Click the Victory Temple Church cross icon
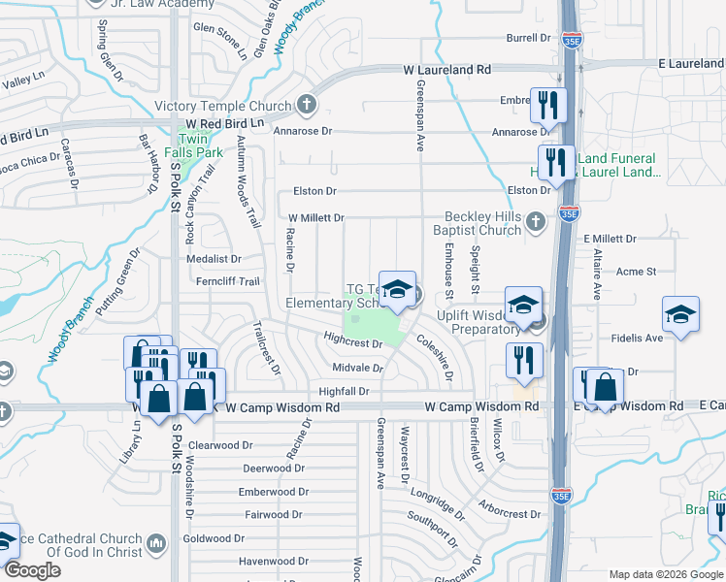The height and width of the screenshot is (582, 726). pos(307,106)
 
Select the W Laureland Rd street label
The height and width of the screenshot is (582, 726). pos(447,71)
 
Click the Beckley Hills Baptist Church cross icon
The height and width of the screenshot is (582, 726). pos(535,224)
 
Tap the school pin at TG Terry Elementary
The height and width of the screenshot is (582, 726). pos(396,290)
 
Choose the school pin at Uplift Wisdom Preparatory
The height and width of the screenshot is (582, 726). pos(523,307)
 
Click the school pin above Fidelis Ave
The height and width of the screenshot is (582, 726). pos(680,315)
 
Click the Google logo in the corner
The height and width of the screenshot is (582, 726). pos(32,570)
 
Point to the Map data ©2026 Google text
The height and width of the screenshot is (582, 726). pos(665,574)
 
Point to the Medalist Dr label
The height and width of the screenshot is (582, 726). pos(214,259)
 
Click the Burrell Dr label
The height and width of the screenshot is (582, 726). pos(528,38)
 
